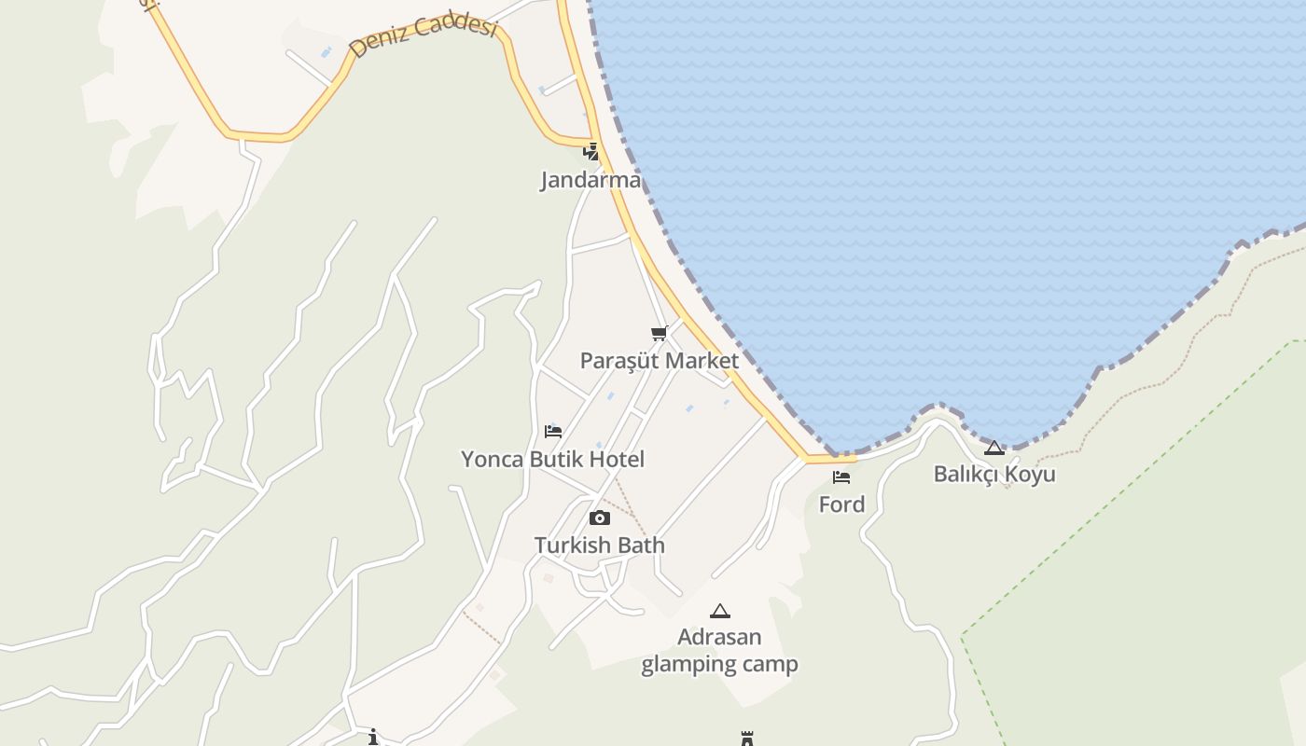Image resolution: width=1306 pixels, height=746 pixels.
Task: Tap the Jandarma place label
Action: click(590, 180)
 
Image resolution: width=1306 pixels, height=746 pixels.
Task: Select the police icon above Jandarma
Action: click(590, 151)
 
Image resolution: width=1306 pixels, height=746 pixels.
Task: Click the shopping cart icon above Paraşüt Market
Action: click(660, 333)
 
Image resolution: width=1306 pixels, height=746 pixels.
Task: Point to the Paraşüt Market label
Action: click(660, 361)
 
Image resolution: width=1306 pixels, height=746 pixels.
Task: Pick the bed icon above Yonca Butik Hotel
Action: click(553, 431)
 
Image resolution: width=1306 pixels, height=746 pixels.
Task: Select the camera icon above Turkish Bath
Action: click(600, 518)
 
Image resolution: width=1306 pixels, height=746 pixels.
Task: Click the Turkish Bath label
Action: click(600, 546)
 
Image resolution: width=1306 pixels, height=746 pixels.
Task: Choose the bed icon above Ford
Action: click(841, 477)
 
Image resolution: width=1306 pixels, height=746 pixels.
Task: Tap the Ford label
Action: click(841, 504)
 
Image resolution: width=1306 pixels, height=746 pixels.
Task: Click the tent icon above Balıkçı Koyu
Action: click(994, 448)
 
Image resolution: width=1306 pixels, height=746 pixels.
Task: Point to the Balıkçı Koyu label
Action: click(994, 474)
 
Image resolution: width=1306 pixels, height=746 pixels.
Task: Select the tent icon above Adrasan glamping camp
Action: click(719, 612)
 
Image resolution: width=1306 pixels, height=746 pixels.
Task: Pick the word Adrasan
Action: click(719, 638)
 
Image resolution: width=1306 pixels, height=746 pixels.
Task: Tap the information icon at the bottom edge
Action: click(373, 738)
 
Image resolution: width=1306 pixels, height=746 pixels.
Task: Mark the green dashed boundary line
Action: click(1119, 494)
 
